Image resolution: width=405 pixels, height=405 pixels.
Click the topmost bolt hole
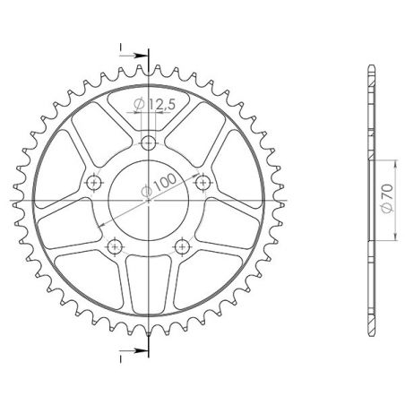[x=149, y=141]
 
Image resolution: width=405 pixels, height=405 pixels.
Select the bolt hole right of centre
[x=204, y=182]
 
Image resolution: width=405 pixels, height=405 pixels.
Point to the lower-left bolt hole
[x=114, y=246]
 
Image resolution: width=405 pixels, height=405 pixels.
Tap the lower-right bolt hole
[x=183, y=246]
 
